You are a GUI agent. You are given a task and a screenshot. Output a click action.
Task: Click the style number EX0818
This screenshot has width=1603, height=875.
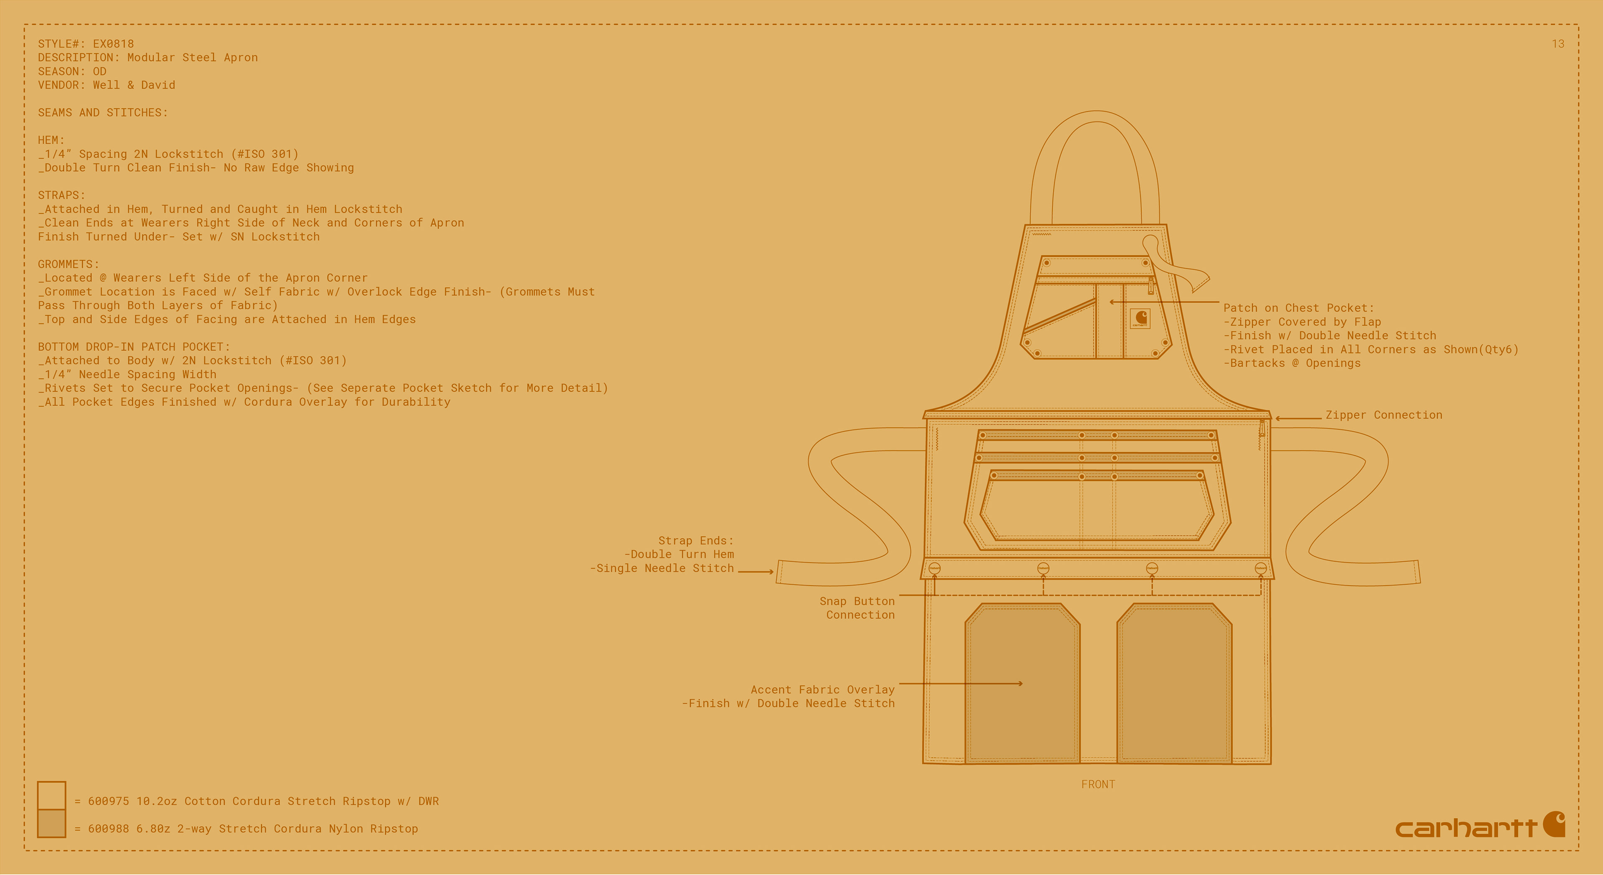tap(113, 43)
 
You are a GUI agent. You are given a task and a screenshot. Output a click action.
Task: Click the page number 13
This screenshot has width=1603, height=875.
tap(1557, 43)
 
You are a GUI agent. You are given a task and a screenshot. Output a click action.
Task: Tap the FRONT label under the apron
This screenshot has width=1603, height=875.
tap(1098, 784)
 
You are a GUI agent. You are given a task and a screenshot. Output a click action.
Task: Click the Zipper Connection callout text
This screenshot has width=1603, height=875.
tap(1383, 415)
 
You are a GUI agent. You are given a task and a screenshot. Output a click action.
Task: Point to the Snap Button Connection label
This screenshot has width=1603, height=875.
tap(857, 608)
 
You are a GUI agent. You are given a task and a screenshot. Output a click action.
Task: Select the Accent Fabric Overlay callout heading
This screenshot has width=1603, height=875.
tap(822, 690)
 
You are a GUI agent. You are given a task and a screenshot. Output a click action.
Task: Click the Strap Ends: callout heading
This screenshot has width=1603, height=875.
tap(696, 540)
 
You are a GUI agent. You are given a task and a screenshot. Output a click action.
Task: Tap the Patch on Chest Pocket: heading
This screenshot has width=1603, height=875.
tap(1298, 308)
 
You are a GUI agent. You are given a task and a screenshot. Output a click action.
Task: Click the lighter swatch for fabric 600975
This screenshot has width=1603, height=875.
tap(52, 795)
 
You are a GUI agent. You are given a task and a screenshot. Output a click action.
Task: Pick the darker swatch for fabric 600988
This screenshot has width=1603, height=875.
tap(52, 823)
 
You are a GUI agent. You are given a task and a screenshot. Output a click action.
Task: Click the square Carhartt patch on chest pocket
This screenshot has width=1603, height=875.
tap(1140, 318)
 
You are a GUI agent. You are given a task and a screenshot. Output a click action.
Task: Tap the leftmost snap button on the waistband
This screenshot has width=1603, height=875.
tap(934, 568)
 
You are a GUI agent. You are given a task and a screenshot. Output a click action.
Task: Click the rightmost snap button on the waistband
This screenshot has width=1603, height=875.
tap(1261, 568)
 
